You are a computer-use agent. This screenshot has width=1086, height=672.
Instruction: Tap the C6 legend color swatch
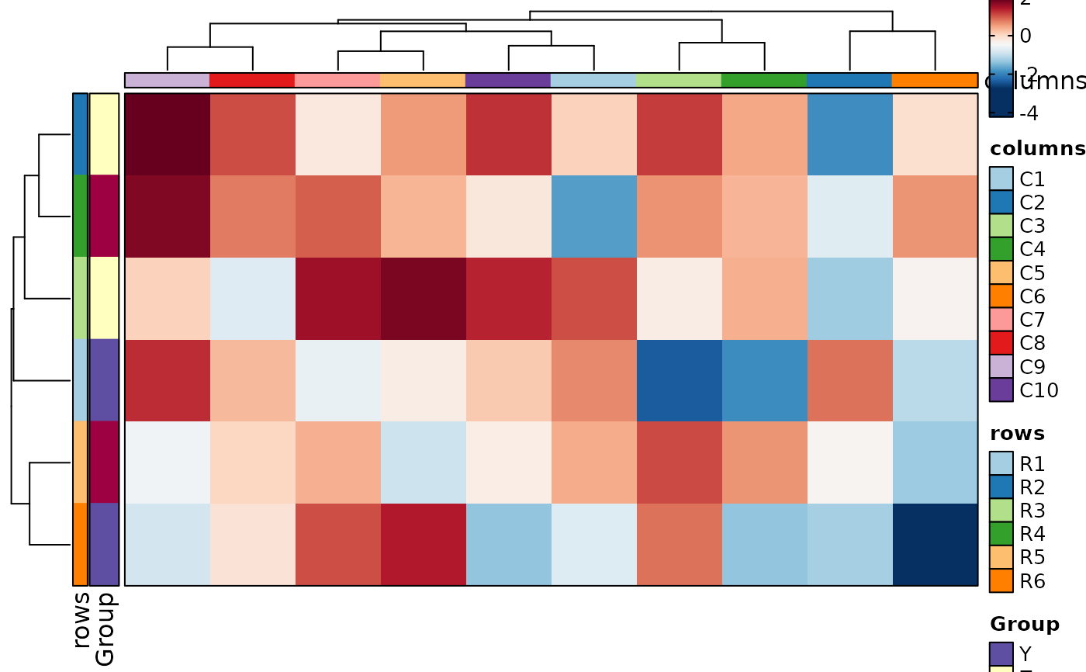pos(1001,296)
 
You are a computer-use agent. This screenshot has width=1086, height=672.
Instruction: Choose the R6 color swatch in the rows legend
pos(1001,580)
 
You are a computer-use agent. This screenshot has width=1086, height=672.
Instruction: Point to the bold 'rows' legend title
pos(1017,433)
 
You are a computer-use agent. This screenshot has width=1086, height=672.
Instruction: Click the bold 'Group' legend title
pos(1025,624)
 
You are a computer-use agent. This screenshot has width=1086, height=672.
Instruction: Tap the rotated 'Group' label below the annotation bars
pos(105,629)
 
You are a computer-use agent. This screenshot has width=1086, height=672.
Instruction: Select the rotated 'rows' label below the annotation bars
pos(81,619)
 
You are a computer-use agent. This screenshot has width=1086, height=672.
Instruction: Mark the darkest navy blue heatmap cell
pos(935,544)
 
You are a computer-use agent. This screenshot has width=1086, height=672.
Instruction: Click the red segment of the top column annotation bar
pos(252,80)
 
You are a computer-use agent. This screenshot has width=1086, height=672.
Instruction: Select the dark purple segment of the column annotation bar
pos(508,80)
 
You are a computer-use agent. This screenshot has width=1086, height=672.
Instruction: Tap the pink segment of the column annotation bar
pos(337,80)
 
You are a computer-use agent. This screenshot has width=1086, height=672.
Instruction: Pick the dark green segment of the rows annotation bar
pos(80,216)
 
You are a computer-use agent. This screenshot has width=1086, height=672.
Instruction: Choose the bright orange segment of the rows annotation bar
pos(80,544)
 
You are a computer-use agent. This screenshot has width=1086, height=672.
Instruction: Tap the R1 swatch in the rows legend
pos(1001,464)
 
